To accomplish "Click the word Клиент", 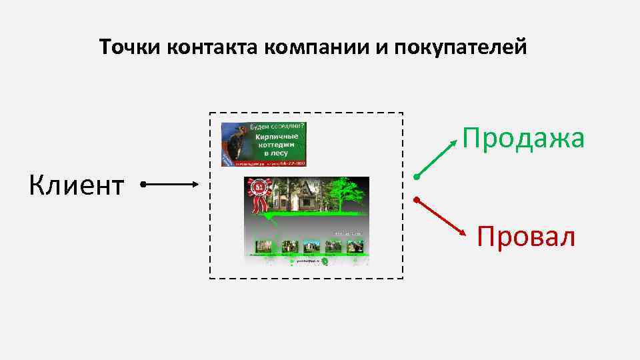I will pos(76,185).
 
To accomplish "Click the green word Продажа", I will pos(524,139).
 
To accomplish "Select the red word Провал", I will pos(526,237).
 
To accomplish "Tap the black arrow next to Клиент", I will pos(171,183).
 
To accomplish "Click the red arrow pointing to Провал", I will pos(440,217).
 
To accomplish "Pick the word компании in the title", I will pos(319,48).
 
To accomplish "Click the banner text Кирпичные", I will pos(278,135).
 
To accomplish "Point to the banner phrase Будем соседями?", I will pos(277,126).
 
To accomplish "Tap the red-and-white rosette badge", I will pos(259,191).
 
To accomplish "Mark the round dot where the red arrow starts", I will pos(415,199).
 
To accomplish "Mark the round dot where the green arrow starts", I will pos(415,177).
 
